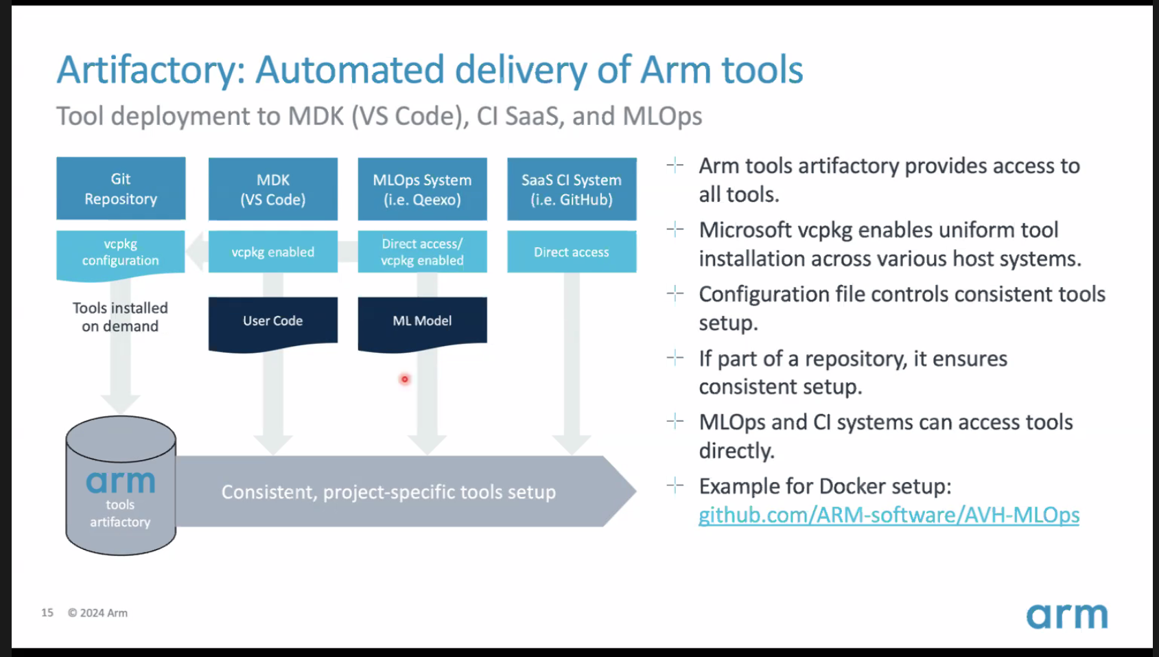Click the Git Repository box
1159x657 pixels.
[121, 189]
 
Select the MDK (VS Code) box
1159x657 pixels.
[272, 189]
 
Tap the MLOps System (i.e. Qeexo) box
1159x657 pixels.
[422, 189]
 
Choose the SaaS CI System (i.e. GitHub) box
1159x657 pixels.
[572, 189]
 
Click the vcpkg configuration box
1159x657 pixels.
[121, 254]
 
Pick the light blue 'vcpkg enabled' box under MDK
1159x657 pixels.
[272, 252]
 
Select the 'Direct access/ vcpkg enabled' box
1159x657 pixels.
[422, 252]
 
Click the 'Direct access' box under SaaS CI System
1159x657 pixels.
[572, 252]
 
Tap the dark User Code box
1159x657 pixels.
[272, 322]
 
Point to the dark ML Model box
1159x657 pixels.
[422, 322]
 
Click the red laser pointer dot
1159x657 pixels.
[405, 380]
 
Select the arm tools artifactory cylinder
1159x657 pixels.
[121, 485]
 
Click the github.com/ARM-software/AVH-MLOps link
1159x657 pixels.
[889, 516]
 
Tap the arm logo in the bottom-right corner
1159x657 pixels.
[1067, 616]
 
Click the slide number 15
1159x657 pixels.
[47, 613]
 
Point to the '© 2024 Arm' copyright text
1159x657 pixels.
[97, 613]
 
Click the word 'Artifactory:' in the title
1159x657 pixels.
[150, 71]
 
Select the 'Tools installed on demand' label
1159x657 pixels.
[120, 317]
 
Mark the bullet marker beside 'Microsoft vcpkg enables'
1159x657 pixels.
[675, 229]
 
